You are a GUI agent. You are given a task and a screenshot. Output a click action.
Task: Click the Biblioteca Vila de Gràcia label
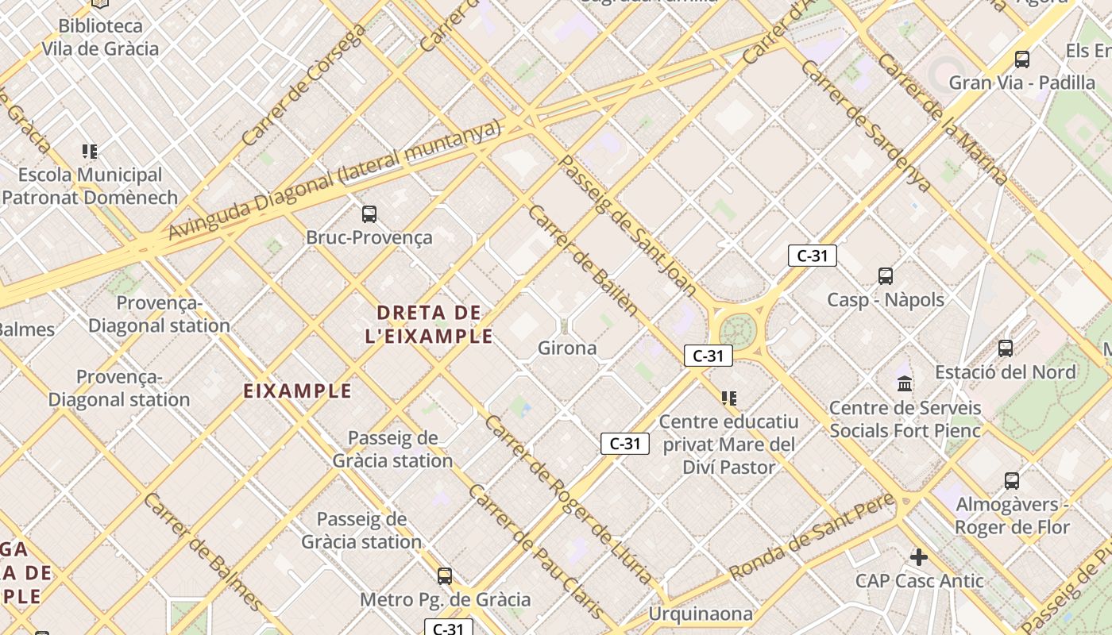point(100,37)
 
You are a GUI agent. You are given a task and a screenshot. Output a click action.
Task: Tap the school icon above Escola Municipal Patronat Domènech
point(90,151)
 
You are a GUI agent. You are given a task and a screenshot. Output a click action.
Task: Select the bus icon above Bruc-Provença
point(369,214)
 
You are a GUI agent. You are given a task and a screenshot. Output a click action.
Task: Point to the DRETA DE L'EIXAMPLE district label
point(429,324)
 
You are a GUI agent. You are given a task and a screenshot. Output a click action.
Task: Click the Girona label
point(567,348)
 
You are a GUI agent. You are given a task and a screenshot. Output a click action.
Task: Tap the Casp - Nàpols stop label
point(886,299)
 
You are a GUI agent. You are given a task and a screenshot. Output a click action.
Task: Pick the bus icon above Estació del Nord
point(1006,348)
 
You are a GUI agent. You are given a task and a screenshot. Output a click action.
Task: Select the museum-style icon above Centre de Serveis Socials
point(905,384)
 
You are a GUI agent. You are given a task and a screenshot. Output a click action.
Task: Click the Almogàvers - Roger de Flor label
point(1013,516)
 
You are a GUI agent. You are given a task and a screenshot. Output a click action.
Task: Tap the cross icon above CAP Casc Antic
point(919,557)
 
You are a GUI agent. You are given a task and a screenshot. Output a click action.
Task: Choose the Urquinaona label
point(700,614)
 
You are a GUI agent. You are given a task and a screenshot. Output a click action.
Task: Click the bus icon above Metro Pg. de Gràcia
point(445,576)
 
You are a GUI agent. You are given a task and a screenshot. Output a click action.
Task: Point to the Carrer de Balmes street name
point(203,551)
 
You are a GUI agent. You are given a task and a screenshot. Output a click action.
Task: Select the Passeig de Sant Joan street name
point(628,225)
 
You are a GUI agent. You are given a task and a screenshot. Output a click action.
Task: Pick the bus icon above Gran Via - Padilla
point(1022,59)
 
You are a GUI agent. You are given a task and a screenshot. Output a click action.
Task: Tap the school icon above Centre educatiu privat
point(728,398)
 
